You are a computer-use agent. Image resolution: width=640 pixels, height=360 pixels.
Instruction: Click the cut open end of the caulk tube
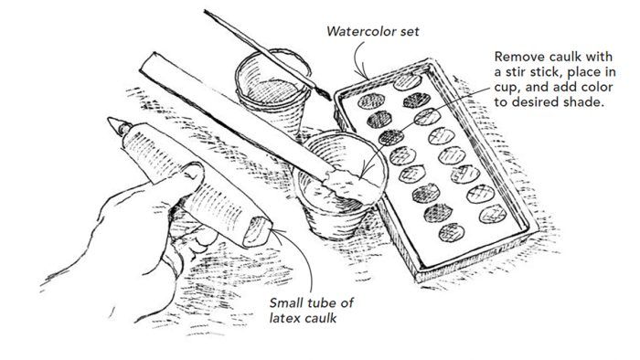click(258, 232)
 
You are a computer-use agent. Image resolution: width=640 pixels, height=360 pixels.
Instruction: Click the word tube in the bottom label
click(327, 303)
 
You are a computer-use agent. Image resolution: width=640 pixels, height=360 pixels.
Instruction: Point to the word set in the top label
click(410, 31)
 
